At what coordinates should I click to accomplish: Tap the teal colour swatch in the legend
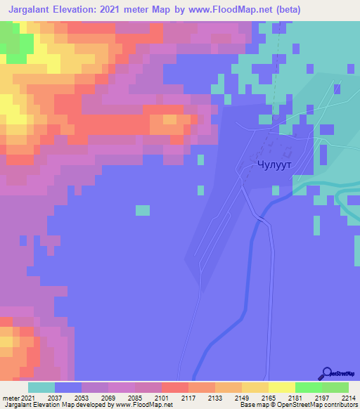[x=41, y=387]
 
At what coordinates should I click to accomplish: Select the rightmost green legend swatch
[x=335, y=387]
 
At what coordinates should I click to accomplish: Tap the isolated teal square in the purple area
[x=143, y=210]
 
